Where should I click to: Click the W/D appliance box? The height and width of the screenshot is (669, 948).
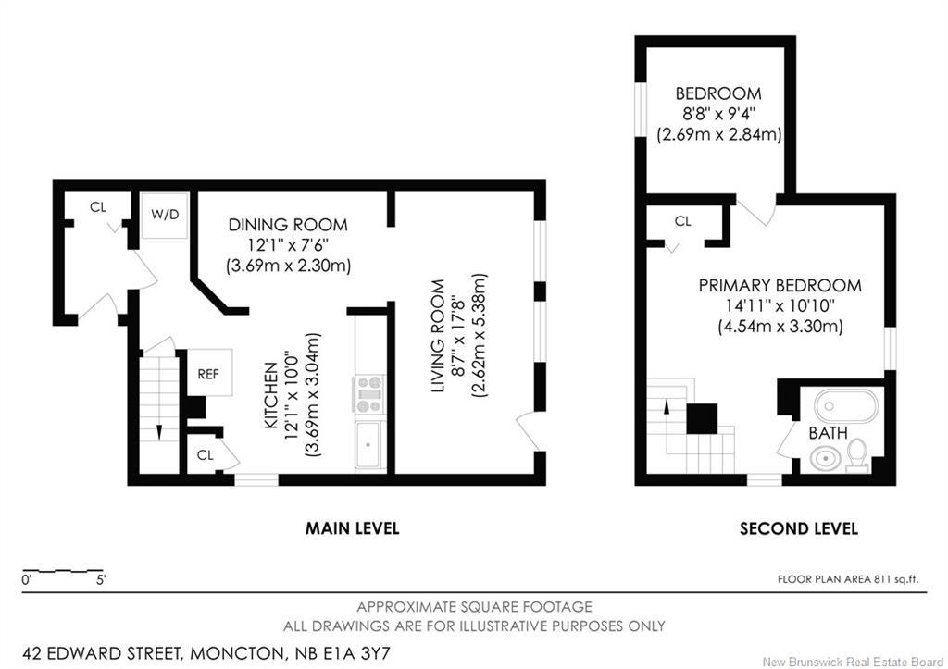tap(165, 216)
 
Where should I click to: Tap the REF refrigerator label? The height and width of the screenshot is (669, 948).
tap(208, 374)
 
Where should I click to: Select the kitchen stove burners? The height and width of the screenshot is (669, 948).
tap(368, 393)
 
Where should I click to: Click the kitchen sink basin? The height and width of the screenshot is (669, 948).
tap(368, 445)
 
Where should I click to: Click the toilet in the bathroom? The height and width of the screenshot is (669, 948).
tap(856, 455)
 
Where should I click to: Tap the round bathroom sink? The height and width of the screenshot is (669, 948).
tap(825, 459)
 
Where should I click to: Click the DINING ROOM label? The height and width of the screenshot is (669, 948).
tap(288, 225)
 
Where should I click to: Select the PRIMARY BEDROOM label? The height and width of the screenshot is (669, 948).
tap(780, 285)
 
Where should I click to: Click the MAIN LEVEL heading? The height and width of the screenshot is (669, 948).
tap(352, 528)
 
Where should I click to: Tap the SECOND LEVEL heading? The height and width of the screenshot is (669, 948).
tap(799, 528)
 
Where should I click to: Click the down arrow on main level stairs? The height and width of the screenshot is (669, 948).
tap(159, 432)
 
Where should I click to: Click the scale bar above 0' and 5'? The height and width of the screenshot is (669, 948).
tap(62, 570)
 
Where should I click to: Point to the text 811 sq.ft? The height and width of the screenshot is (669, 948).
tap(896, 579)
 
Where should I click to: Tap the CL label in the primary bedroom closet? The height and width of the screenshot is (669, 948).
tap(682, 221)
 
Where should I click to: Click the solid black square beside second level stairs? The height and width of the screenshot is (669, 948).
tap(702, 418)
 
